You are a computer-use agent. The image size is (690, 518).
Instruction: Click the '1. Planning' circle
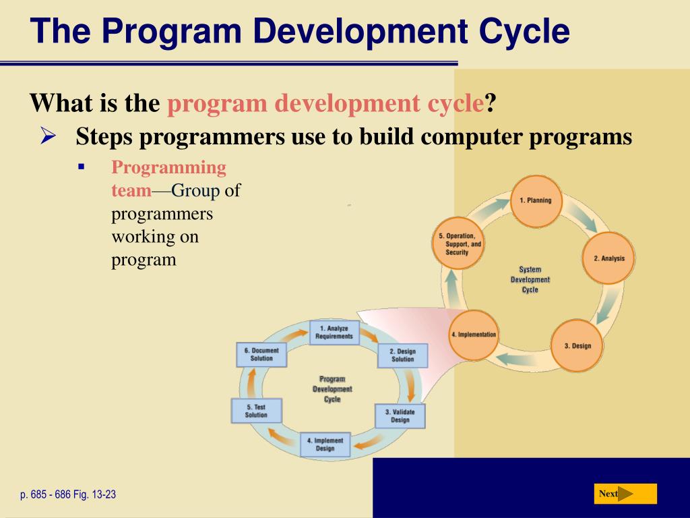[536, 201]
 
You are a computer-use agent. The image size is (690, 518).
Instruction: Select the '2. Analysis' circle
[608, 258]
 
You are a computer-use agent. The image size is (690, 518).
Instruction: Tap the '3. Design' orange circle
[577, 346]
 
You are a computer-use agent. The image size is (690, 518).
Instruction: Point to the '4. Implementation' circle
[474, 335]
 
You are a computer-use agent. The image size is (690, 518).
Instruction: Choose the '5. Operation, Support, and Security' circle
[458, 243]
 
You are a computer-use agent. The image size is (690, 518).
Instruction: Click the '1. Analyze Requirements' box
[334, 333]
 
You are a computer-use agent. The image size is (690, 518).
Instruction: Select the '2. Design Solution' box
[403, 355]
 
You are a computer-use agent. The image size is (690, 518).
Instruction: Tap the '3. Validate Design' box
[400, 416]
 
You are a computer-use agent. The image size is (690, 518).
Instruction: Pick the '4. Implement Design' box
[325, 444]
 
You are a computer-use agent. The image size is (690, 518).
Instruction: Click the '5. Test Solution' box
[256, 411]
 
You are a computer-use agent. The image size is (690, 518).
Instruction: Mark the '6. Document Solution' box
[261, 355]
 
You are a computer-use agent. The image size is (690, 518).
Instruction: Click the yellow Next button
[625, 494]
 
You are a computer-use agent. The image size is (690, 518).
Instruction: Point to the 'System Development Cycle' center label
[530, 279]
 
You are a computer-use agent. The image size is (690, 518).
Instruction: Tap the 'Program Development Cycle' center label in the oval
[332, 389]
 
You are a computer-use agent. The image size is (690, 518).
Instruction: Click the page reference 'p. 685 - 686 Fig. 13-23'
[68, 494]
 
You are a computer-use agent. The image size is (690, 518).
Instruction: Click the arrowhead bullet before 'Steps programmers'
[48, 135]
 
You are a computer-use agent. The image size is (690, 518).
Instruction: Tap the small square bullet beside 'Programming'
[81, 167]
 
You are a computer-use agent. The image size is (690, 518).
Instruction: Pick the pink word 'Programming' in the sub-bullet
[169, 168]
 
